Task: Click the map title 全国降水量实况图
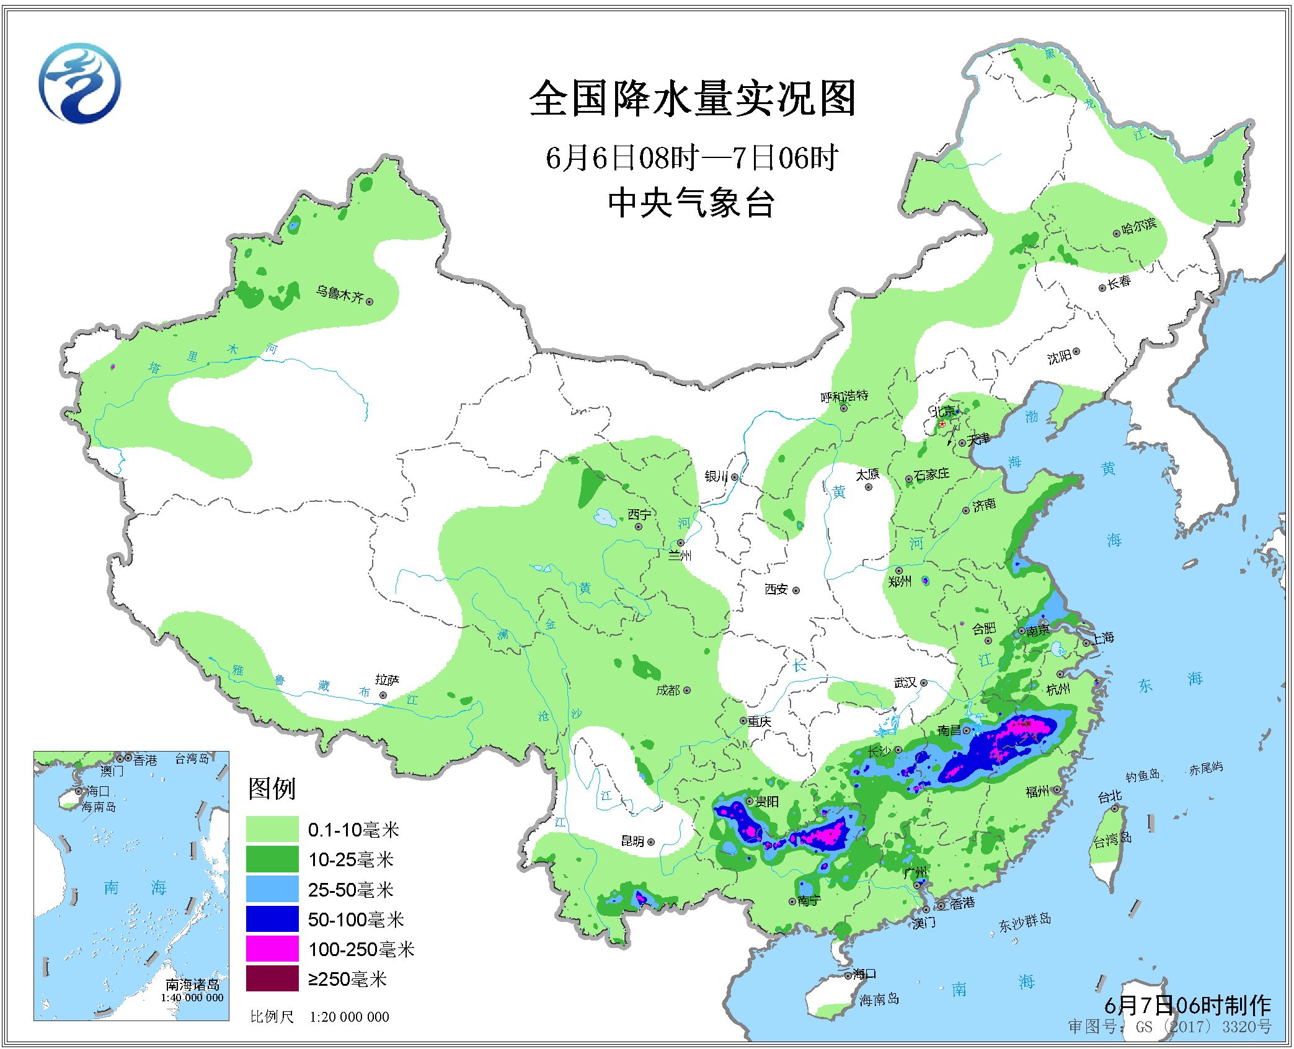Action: tap(692, 99)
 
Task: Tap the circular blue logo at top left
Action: tap(79, 83)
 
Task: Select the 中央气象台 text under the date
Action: tap(691, 203)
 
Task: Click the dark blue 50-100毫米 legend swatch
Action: tap(272, 919)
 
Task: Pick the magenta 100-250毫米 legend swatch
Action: tap(272, 949)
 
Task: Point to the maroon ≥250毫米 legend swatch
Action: tap(272, 978)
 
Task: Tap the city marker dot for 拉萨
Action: tap(383, 695)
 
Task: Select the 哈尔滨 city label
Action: tap(1139, 226)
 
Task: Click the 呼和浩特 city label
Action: tap(844, 396)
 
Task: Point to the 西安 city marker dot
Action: tap(796, 590)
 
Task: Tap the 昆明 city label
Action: tap(632, 841)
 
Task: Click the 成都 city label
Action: tap(668, 690)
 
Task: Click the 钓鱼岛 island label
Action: tap(1142, 775)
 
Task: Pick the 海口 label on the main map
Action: tap(863, 973)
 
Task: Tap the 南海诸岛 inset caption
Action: tap(192, 985)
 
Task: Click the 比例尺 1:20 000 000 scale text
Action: tap(319, 1016)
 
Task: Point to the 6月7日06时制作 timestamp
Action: tap(1187, 1004)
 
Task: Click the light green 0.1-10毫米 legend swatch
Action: tap(272, 829)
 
